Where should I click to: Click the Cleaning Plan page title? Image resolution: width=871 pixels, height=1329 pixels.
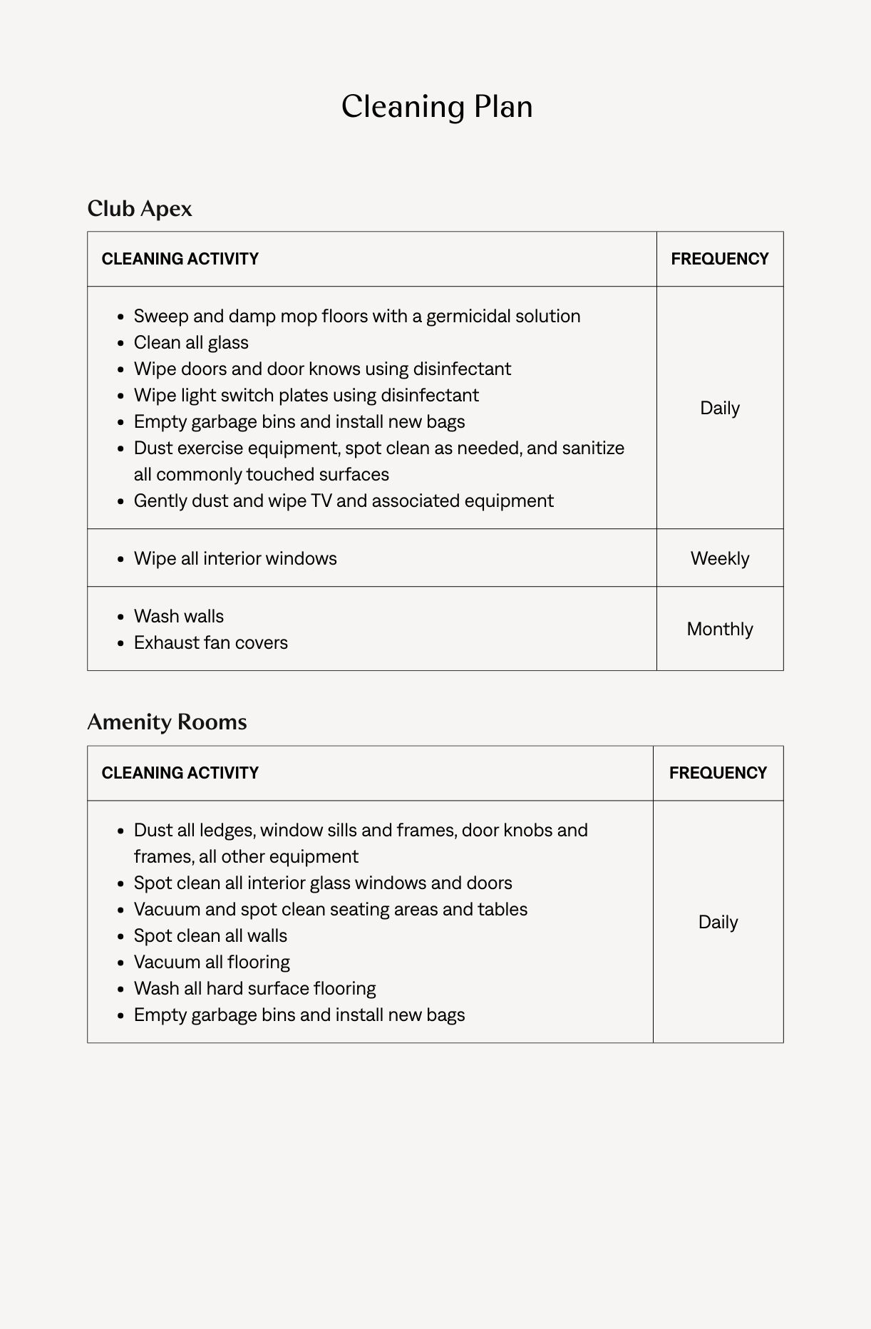click(x=436, y=107)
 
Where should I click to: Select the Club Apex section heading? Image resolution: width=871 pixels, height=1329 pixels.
click(x=140, y=209)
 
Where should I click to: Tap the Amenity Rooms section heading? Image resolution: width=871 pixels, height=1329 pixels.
click(x=167, y=722)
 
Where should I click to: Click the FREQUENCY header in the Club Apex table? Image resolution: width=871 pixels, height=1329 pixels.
click(x=719, y=259)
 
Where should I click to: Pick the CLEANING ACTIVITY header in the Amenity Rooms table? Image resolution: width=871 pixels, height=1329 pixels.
click(x=180, y=773)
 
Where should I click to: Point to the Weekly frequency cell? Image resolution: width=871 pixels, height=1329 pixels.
click(x=719, y=558)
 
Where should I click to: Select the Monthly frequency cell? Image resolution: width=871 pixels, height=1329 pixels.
click(x=719, y=629)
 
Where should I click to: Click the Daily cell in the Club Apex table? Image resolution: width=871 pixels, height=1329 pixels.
click(x=719, y=408)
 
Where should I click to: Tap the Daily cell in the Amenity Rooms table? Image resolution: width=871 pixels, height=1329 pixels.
click(x=718, y=922)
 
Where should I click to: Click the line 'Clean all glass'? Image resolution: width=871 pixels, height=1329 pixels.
click(x=191, y=343)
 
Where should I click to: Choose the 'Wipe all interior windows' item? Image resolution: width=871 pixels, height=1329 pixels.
click(x=235, y=558)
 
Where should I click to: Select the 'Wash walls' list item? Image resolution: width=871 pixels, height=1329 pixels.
click(x=179, y=616)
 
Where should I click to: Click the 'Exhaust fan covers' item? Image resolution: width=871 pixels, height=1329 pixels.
click(x=211, y=642)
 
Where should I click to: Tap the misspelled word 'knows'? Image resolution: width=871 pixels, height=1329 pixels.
click(x=334, y=369)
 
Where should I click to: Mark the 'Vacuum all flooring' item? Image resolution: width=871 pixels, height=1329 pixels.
click(x=212, y=963)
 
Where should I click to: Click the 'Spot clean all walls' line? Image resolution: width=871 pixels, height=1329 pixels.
click(x=210, y=936)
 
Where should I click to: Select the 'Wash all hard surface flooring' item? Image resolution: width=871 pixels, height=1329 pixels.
click(x=254, y=989)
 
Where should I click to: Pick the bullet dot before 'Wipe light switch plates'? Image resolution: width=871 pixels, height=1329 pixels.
click(x=121, y=396)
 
